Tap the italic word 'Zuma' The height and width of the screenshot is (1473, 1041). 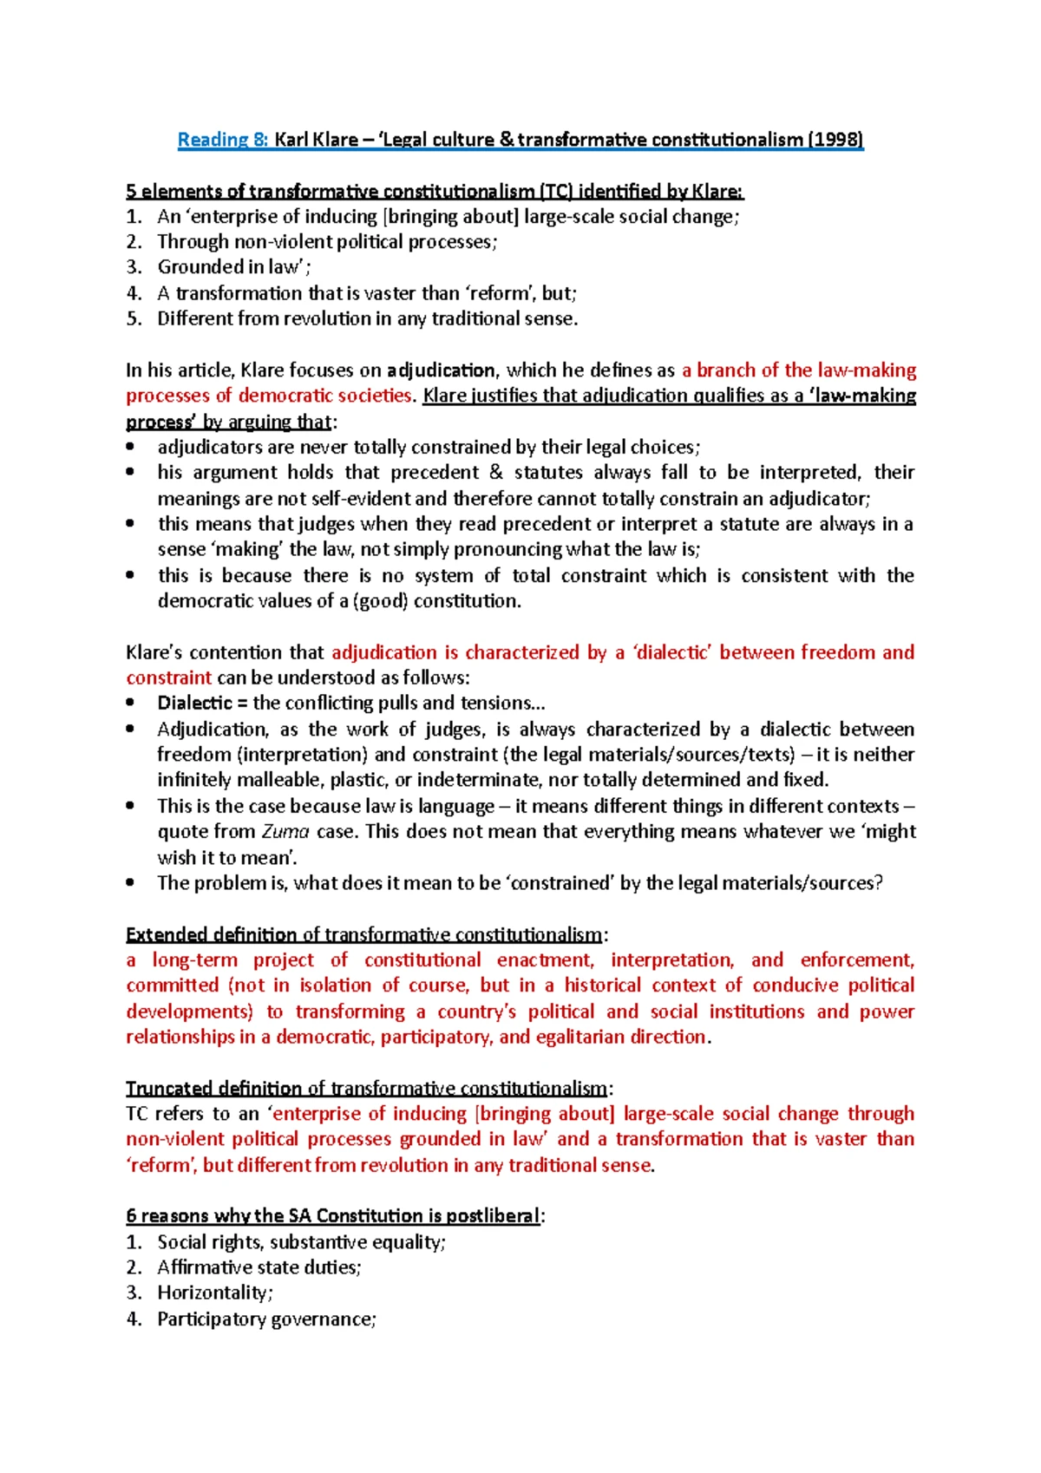[x=285, y=832]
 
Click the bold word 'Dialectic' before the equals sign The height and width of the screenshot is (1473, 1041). [x=194, y=704]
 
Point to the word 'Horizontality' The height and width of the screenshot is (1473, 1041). [x=213, y=1293]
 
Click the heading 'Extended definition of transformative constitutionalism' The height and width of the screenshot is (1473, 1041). [x=363, y=935]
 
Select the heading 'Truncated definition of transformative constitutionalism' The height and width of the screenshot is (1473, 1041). [x=367, y=1089]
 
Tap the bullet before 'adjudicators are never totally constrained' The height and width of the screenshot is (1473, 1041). [x=130, y=448]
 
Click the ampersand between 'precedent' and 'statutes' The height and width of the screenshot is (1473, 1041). [x=496, y=473]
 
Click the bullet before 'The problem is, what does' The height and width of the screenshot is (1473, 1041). [x=130, y=883]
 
